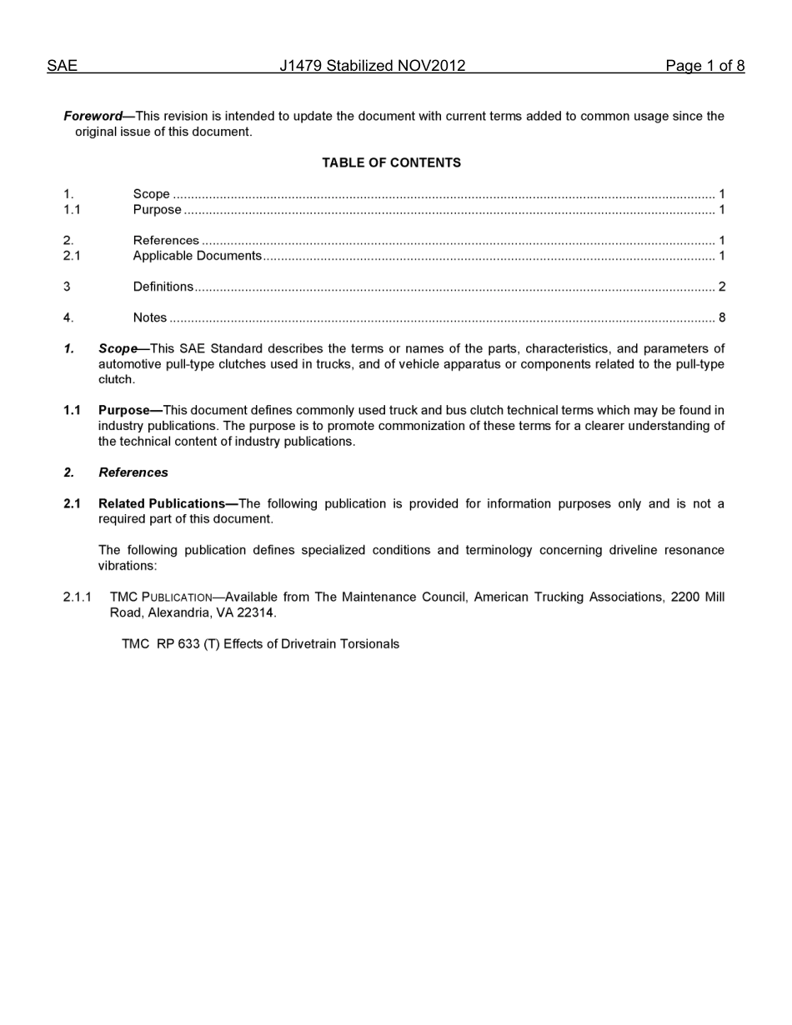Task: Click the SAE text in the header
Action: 62,66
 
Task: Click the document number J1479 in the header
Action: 301,66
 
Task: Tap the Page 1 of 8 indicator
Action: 704,66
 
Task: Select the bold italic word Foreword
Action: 93,117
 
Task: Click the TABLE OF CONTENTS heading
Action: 391,163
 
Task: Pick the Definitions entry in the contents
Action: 163,287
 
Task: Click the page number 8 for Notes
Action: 721,317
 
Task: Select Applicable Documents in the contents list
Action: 198,256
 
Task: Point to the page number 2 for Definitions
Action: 721,287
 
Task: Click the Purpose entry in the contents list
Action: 157,210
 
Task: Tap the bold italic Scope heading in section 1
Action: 117,348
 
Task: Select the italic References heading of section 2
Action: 133,472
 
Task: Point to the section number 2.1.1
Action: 77,597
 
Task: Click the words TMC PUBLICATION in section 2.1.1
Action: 161,597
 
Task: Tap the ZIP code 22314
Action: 256,612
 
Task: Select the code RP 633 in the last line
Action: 177,644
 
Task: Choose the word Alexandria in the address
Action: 178,612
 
